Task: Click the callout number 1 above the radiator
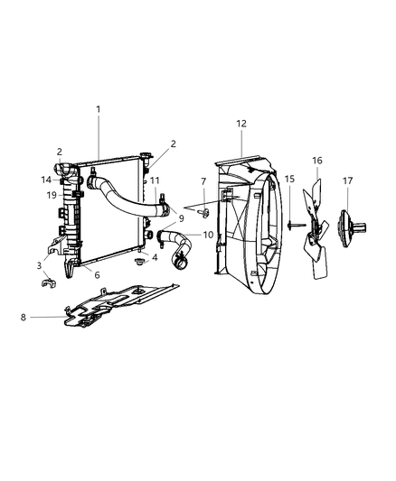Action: [99, 109]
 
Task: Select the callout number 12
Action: [241, 123]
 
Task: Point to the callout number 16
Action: [316, 160]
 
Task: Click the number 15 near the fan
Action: [289, 180]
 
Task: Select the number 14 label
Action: [46, 180]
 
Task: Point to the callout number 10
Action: [208, 235]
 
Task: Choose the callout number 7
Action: [203, 181]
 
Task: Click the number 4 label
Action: [155, 257]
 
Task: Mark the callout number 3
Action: [39, 264]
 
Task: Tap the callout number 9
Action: [180, 217]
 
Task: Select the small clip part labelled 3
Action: [51, 286]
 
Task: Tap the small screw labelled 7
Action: [205, 214]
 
